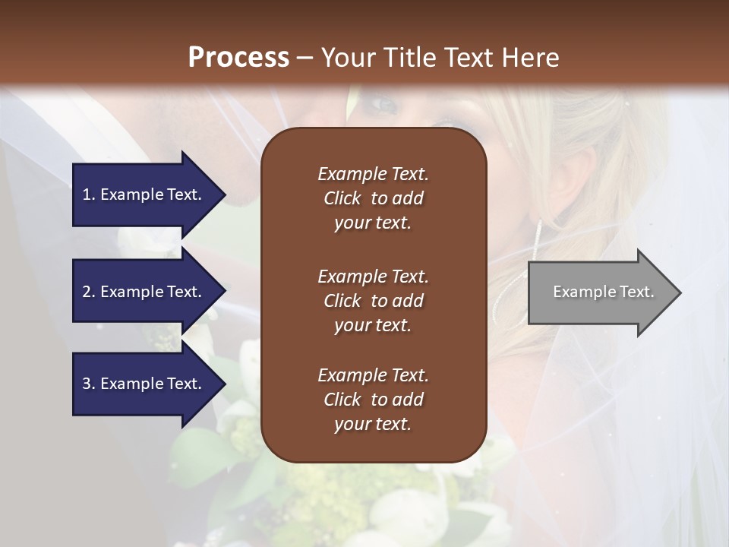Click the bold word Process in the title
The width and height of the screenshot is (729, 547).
[x=238, y=58]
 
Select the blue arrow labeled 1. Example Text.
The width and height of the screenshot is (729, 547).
[x=144, y=194]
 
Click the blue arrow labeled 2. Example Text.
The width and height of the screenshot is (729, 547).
[x=144, y=292]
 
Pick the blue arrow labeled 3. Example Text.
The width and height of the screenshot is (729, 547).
[x=144, y=384]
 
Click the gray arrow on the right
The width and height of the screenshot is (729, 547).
[x=600, y=292]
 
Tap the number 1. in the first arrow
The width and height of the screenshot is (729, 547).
[x=89, y=194]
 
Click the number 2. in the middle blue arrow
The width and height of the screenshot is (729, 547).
[x=89, y=292]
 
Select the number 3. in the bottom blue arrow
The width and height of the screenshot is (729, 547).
[x=89, y=384]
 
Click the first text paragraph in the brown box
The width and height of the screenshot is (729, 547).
[x=373, y=198]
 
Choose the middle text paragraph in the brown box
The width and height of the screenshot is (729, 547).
[x=373, y=300]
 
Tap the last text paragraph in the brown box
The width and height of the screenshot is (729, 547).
[x=373, y=400]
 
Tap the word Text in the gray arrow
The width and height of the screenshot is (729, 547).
[x=637, y=292]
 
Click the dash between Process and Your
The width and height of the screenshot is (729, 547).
[x=304, y=58]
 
